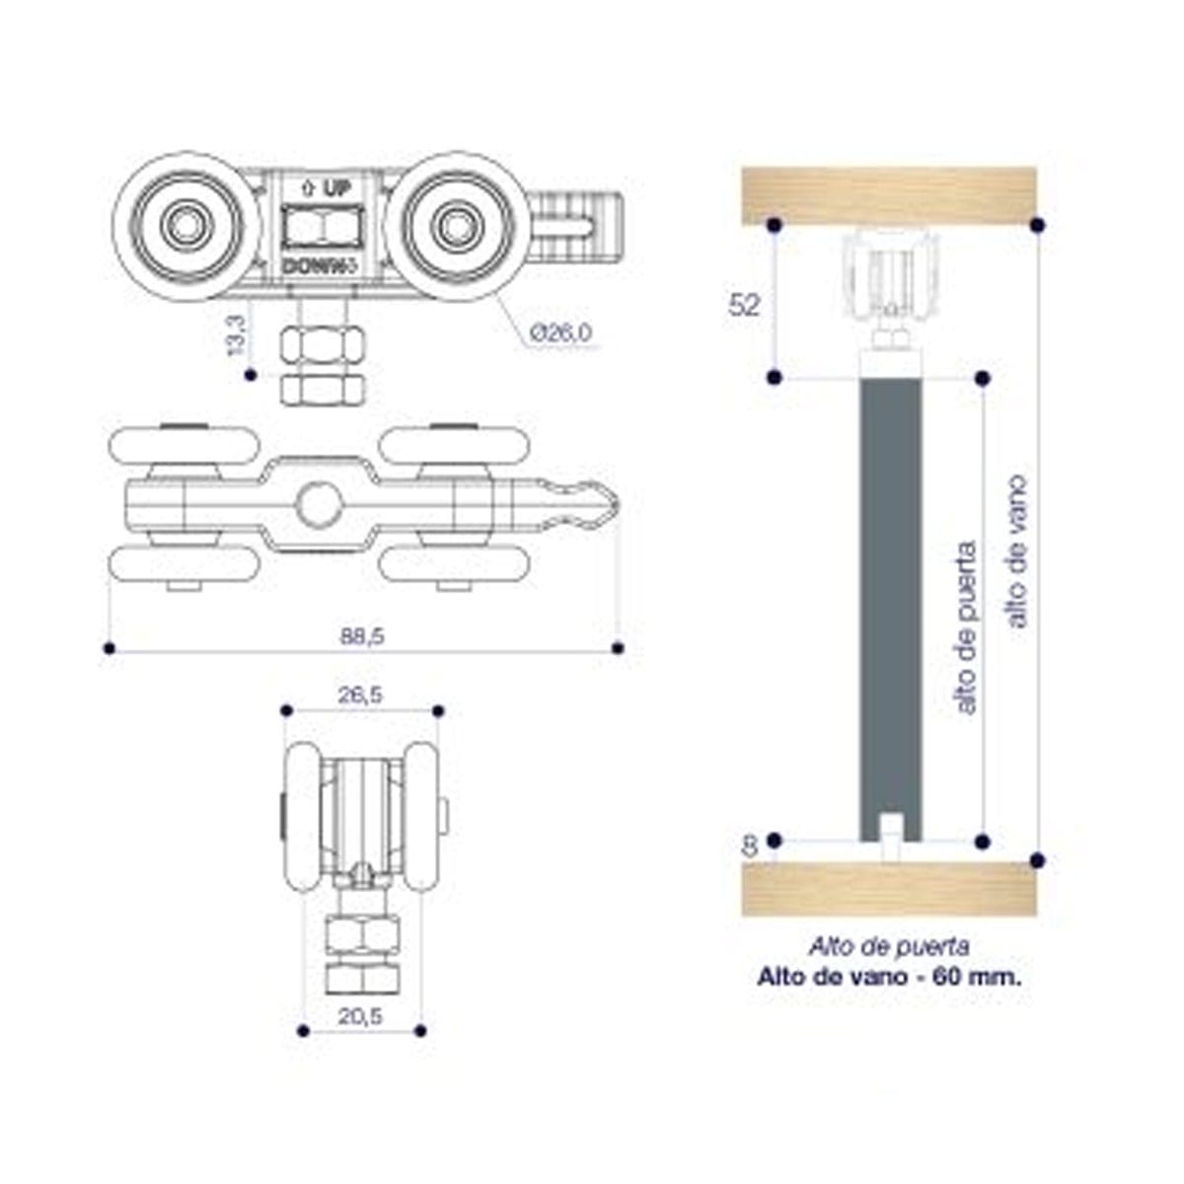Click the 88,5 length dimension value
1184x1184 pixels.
(363, 636)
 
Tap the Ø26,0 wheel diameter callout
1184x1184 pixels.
(561, 333)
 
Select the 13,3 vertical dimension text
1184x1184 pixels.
(236, 335)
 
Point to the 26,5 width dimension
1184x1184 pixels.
(361, 695)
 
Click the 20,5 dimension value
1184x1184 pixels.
(361, 1016)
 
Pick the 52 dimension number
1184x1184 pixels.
(744, 305)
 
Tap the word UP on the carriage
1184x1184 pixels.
(336, 188)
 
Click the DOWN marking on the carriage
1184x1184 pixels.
(314, 267)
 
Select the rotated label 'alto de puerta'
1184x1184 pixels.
(966, 628)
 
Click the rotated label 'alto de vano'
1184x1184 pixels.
(1015, 552)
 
